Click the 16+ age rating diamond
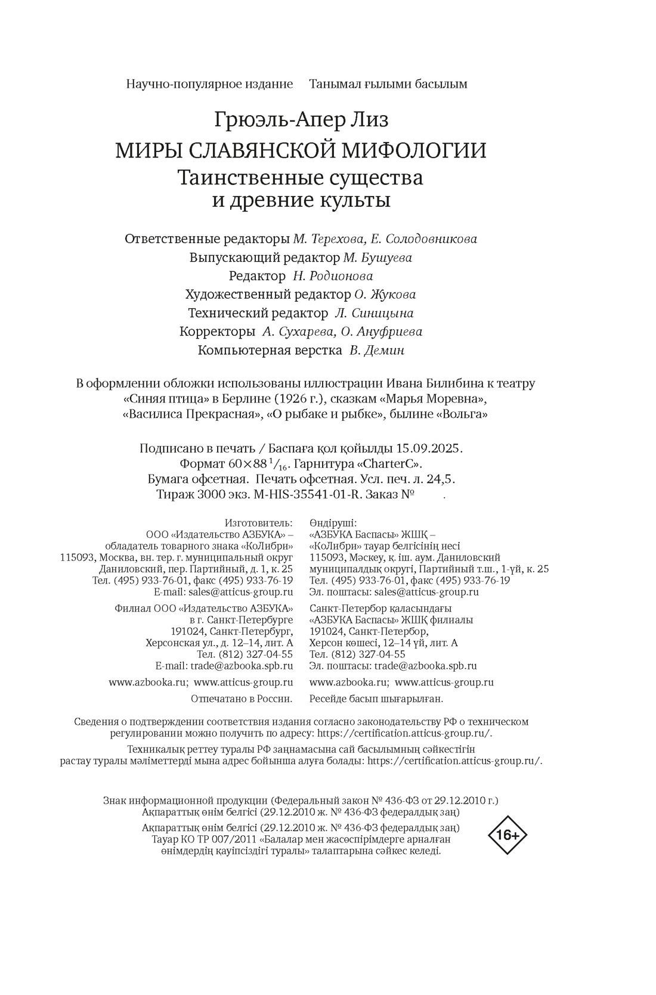tap(508, 835)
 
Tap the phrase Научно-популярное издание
tap(209, 84)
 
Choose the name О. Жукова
tap(385, 295)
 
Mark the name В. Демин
tap(377, 351)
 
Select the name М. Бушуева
tap(377, 258)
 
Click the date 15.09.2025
tap(431, 448)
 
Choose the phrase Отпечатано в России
tap(242, 699)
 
